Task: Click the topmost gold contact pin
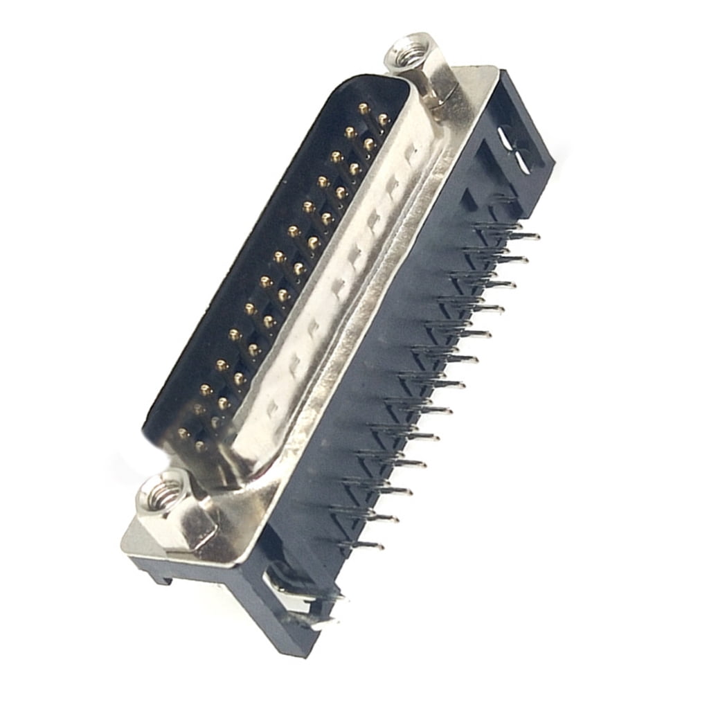(363, 107)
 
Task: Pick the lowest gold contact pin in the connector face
(200, 447)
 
